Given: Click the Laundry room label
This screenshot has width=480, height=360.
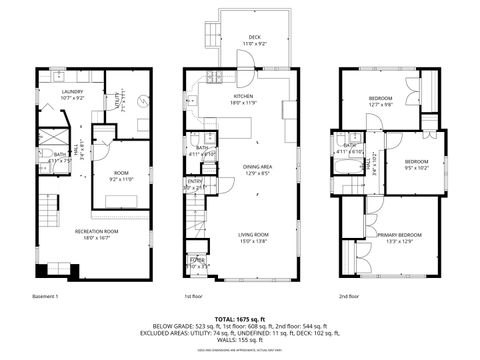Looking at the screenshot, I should [x=71, y=95].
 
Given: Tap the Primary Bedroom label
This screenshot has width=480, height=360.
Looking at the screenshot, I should [x=399, y=237].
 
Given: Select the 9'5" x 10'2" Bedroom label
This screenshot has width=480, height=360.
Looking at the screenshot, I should [x=416, y=164].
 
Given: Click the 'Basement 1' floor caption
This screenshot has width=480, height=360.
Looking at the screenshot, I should [x=44, y=296].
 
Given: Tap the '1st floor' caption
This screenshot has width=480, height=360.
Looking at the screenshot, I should [x=194, y=296].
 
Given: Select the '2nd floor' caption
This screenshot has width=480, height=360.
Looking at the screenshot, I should [x=349, y=296].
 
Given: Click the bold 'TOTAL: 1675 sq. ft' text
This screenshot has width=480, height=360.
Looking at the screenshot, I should [x=240, y=317].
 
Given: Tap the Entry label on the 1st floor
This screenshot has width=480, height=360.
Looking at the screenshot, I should [x=193, y=184].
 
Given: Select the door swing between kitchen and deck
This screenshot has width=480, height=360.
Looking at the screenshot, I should [x=243, y=74].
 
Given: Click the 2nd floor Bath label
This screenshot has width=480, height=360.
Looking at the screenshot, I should [x=349, y=148].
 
